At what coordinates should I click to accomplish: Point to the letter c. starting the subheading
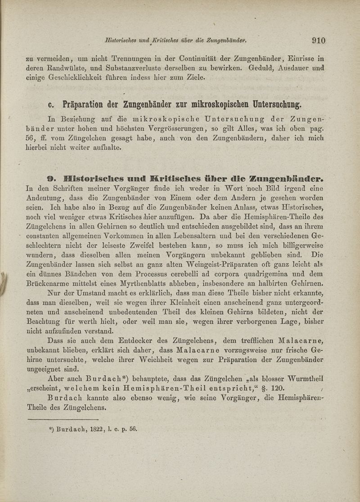point(51,105)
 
